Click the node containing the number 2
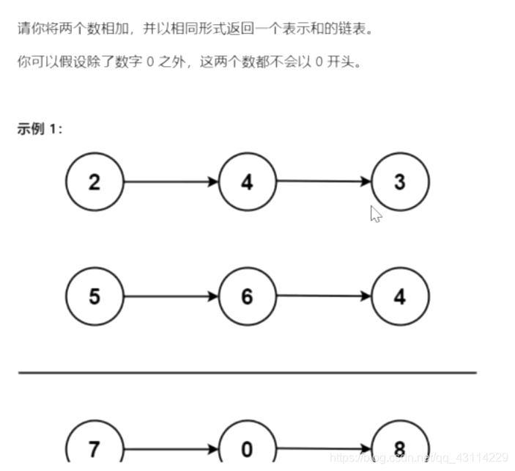pos(95,182)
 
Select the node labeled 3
pos(400,182)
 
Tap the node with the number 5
pos(95,297)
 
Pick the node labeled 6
pos(247,297)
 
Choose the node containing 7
pos(95,447)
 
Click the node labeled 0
pos(247,447)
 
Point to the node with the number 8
pos(400,447)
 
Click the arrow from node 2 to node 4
pos(171,182)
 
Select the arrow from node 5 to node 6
pos(171,297)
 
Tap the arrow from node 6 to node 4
pos(324,296)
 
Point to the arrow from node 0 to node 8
pos(324,448)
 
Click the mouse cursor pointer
pos(375,213)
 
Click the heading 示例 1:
pos(40,129)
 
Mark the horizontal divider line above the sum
pos(247,373)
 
